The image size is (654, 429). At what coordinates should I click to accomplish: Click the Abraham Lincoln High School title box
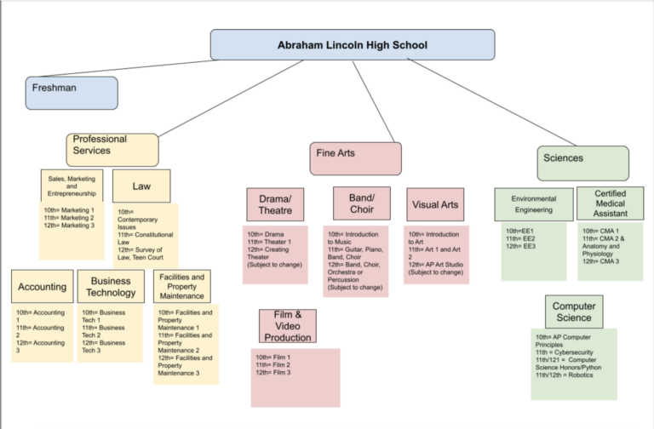(x=352, y=45)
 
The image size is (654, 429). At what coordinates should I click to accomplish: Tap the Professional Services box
(x=112, y=149)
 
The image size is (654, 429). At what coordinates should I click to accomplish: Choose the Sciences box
(x=582, y=163)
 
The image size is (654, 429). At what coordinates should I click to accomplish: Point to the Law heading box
(x=141, y=186)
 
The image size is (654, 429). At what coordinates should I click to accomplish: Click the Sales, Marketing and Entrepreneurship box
(x=72, y=186)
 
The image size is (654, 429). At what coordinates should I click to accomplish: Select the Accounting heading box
(x=42, y=287)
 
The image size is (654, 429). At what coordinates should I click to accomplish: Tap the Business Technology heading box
(x=111, y=287)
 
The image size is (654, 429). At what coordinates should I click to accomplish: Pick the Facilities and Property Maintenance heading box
(x=181, y=287)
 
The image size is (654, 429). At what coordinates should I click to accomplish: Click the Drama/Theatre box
(x=275, y=205)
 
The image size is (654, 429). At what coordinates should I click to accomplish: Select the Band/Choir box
(x=361, y=204)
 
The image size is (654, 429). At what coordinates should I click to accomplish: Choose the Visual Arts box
(x=434, y=204)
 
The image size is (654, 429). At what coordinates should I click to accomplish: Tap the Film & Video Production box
(x=288, y=326)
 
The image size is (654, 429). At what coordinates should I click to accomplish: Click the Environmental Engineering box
(x=534, y=204)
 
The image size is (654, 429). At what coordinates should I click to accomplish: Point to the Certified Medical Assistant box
(x=610, y=203)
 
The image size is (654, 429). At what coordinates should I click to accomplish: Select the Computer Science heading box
(x=573, y=312)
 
